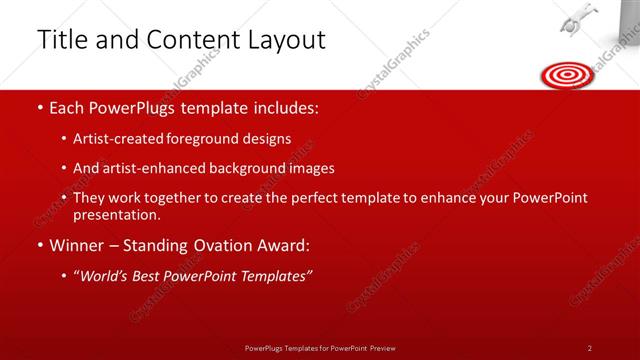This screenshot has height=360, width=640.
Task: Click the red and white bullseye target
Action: coord(566,74)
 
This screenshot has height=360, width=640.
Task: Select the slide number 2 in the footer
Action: coord(590,348)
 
